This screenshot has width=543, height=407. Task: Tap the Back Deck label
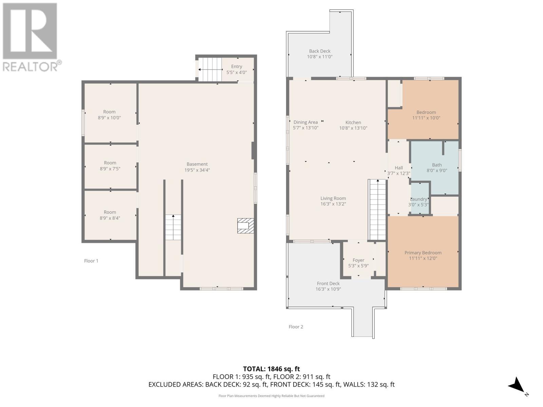click(319, 51)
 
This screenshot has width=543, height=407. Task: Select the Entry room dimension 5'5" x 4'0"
click(237, 72)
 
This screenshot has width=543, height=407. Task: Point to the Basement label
click(197, 164)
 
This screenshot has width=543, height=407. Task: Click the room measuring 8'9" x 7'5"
click(110, 166)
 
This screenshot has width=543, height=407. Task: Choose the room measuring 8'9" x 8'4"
click(110, 215)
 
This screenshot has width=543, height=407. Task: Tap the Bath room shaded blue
click(436, 168)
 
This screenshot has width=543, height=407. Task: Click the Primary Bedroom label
click(423, 253)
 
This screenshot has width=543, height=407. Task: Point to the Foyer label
click(358, 260)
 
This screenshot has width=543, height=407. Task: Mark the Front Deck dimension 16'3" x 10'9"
click(328, 289)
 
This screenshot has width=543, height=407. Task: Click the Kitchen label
click(353, 122)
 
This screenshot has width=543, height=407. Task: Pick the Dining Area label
click(305, 122)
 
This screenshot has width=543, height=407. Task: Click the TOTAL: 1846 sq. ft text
click(271, 369)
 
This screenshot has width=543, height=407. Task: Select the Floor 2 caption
click(296, 327)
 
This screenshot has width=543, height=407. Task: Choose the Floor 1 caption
click(91, 261)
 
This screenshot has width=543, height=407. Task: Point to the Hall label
click(399, 168)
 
